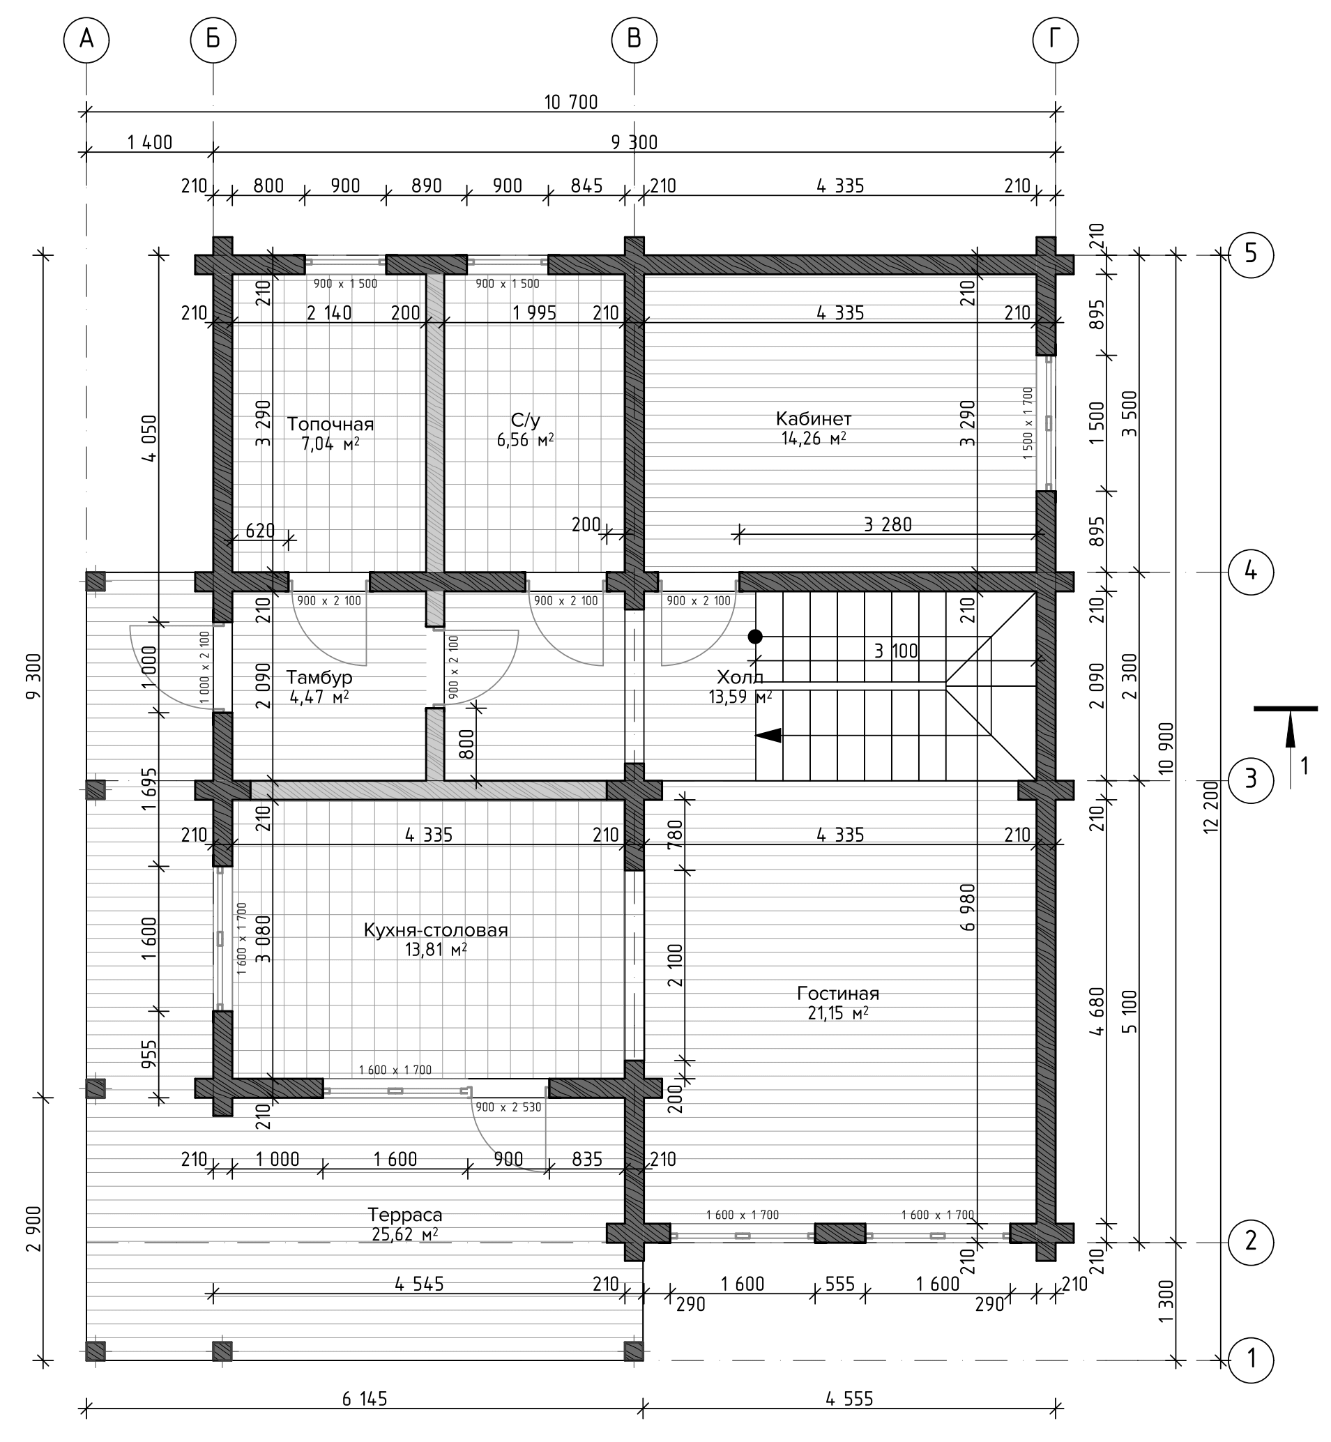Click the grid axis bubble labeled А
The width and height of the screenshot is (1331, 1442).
(86, 40)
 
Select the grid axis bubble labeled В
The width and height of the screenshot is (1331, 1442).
(634, 40)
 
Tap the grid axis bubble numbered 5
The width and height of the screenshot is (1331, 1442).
(1251, 255)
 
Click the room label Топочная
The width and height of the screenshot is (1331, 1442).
(330, 423)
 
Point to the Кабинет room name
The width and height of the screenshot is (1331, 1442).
(814, 418)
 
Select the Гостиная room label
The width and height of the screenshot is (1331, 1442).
(838, 993)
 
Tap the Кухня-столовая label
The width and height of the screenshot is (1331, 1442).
(436, 930)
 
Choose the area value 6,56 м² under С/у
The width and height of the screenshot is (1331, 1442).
(525, 439)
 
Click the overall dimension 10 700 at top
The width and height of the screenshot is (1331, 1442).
(571, 103)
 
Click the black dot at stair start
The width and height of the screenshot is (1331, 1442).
(755, 637)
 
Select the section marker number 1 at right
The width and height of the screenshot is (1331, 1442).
(1305, 765)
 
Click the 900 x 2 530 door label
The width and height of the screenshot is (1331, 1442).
(508, 1107)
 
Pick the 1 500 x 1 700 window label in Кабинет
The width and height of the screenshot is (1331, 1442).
(1028, 423)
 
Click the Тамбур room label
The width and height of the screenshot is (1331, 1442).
(319, 677)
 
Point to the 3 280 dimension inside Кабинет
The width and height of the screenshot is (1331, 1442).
(888, 524)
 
